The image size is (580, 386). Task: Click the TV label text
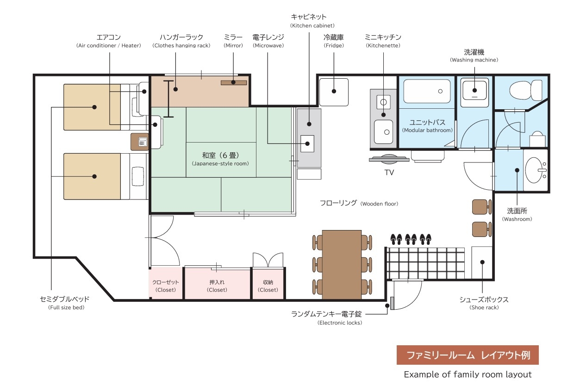[x=389, y=173]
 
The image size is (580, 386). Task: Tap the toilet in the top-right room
[x=526, y=90]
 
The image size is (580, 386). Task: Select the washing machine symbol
[x=474, y=90]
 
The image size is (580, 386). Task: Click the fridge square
[x=334, y=92]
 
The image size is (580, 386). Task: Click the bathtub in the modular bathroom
[x=427, y=91]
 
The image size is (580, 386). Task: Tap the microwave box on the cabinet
[x=307, y=143]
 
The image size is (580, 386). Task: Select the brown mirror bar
[x=234, y=82]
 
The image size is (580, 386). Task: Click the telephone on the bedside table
[x=143, y=142]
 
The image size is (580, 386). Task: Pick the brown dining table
[x=342, y=265]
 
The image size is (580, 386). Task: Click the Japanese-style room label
[x=220, y=159]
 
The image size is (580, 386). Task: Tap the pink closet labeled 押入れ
[x=217, y=283]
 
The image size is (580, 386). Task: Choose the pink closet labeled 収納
[x=268, y=283]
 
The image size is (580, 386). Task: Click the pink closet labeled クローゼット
[x=165, y=283]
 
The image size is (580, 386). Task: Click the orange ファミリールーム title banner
[x=468, y=355]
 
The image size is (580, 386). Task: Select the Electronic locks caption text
[x=340, y=323]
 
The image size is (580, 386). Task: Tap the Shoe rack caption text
[x=484, y=307]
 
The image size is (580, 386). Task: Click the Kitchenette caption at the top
[x=383, y=45]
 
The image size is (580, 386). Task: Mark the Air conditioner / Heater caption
[x=108, y=45]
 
